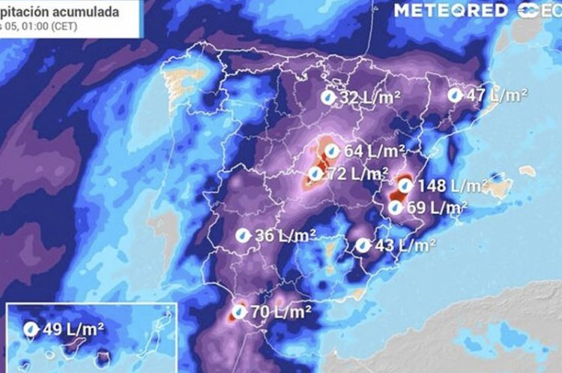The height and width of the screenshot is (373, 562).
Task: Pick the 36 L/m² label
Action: pyautogui.click(x=282, y=236)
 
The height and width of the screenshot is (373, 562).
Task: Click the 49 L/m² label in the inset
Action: pyautogui.click(x=73, y=328)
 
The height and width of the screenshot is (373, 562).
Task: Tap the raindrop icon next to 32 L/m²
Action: pyautogui.click(x=327, y=98)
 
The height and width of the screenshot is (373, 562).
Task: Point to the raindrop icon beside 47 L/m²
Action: pyautogui.click(x=455, y=95)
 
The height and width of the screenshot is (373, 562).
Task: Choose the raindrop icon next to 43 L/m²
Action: pyautogui.click(x=363, y=245)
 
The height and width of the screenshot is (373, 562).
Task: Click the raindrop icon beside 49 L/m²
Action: pyautogui.click(x=31, y=328)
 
